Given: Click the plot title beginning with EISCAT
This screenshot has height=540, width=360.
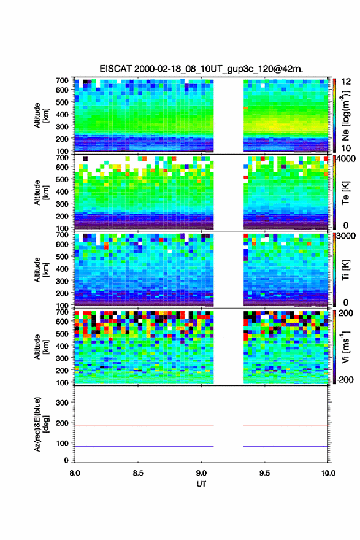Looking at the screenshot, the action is pos(201,69).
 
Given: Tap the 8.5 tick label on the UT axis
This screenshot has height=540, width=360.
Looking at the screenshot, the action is pos(138,473).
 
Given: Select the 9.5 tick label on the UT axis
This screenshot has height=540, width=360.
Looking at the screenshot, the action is pos(264,473).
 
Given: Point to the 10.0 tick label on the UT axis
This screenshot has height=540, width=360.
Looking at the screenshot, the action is pos(328,473).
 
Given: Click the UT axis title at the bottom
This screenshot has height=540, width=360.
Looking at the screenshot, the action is pos(201,484).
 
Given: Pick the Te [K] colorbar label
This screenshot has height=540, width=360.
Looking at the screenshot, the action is pos(345,193).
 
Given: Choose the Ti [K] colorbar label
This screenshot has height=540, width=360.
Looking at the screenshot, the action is pos(345,270).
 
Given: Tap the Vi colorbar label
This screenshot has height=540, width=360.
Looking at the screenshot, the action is pos(345,347).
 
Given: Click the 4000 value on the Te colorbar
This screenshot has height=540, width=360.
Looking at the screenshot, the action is pos(346,159).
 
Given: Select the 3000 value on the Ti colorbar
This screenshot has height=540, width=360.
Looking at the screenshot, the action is pos(346,236).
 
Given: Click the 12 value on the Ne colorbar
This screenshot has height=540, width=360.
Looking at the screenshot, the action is pos(346,82).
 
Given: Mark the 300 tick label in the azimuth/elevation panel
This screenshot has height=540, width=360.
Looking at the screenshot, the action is pos(62,403).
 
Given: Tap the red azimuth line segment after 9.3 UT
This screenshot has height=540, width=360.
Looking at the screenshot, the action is pos(286,426).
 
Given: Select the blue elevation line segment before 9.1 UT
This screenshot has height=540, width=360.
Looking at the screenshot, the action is pos(144,446).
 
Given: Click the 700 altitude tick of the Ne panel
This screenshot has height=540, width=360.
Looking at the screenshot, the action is pos(62,80).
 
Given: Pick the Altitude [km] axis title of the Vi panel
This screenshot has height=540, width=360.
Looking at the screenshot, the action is pos(41,347).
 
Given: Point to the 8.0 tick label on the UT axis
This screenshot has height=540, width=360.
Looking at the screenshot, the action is pos(75,473).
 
